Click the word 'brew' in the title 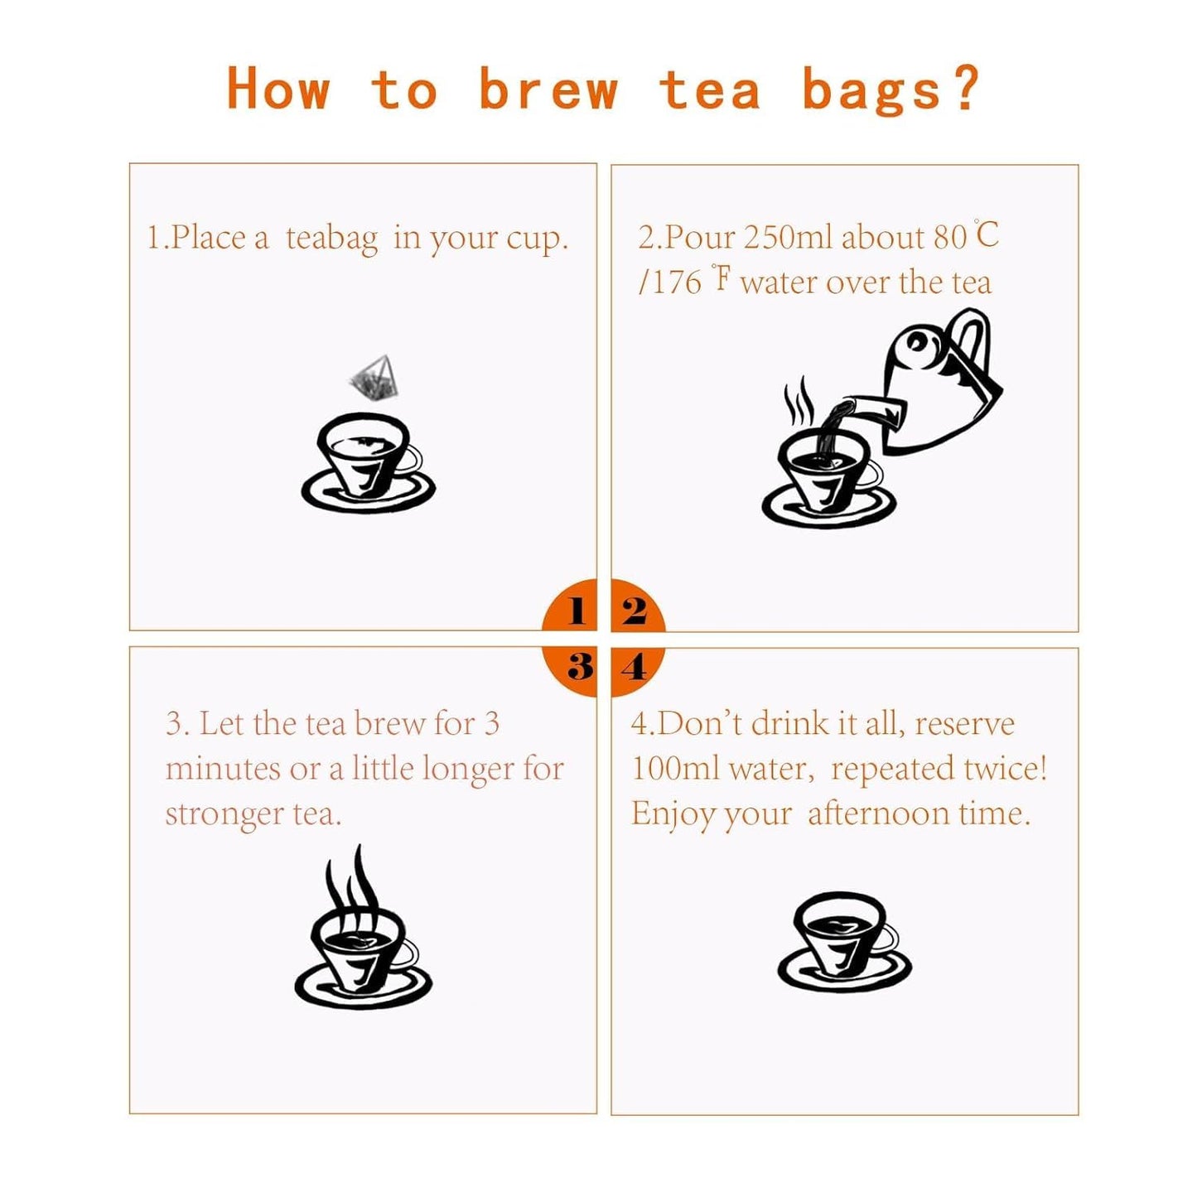(548, 89)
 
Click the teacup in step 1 (368, 464)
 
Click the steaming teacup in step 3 (363, 953)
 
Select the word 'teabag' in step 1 (331, 239)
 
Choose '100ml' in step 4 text (675, 770)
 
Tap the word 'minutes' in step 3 (223, 770)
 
